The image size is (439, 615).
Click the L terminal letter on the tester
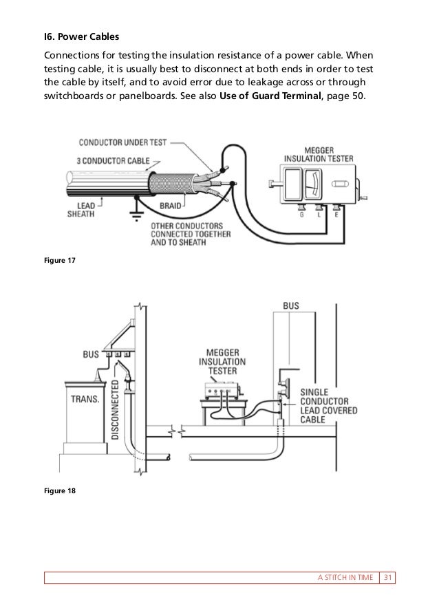coord(319,214)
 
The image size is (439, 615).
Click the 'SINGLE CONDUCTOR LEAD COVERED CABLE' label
coord(323,404)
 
